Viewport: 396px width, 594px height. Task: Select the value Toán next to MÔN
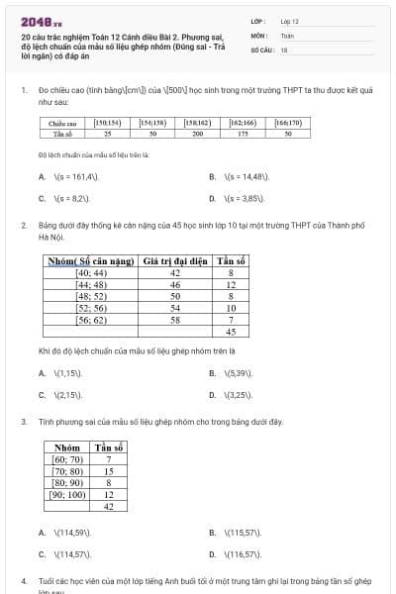(287, 35)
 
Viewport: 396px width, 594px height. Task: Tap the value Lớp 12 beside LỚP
(289, 21)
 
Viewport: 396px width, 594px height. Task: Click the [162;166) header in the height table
(243, 123)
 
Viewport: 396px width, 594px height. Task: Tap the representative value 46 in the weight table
(175, 284)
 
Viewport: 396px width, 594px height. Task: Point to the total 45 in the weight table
(231, 332)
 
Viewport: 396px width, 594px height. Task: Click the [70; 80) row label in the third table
(68, 471)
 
